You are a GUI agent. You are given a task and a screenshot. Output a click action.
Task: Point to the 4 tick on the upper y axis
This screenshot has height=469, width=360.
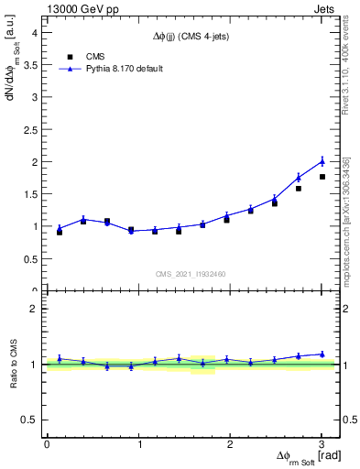[37, 32]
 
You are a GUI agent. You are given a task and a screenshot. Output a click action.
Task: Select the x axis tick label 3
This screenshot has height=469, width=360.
[322, 443]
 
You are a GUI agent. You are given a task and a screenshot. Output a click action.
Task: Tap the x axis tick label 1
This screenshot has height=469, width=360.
[138, 443]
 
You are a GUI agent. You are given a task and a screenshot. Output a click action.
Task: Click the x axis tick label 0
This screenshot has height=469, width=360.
[47, 443]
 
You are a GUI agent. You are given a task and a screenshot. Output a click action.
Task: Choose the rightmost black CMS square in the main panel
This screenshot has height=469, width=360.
[322, 177]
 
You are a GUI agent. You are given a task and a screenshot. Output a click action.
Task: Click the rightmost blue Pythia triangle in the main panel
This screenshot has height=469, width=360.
[322, 161]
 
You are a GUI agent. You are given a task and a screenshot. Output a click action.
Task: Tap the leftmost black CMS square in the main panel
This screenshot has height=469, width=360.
[60, 232]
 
